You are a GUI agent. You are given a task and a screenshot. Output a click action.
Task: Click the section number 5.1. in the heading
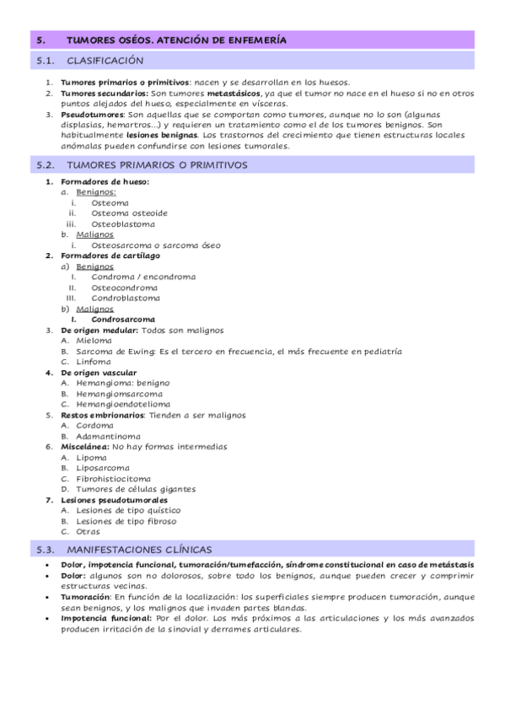(46, 61)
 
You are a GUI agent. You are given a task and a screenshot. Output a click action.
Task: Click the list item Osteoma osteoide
(129, 213)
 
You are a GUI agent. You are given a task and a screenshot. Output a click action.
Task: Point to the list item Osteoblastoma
(123, 224)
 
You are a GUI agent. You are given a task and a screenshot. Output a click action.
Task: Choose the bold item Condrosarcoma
(123, 320)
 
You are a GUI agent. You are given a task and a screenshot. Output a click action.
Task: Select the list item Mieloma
(93, 341)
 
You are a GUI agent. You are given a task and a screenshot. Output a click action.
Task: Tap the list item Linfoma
(92, 362)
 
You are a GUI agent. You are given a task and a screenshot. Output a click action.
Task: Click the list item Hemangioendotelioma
(122, 404)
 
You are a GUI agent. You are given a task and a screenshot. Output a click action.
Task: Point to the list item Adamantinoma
(108, 436)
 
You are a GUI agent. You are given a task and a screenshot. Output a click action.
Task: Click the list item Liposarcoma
(102, 467)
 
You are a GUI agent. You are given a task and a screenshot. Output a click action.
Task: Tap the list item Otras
(88, 531)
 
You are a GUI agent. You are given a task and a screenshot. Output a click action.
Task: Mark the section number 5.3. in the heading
(46, 550)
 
